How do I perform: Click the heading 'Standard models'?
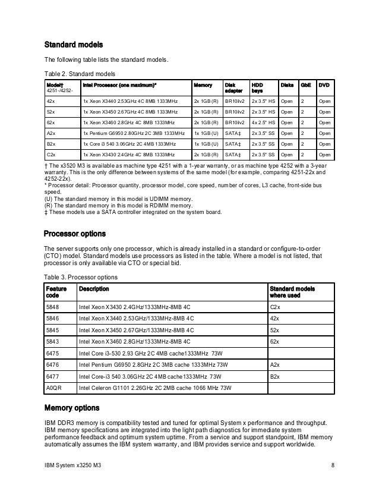(x=74, y=45)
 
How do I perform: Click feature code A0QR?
(x=54, y=388)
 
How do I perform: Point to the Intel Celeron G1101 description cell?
(x=148, y=388)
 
